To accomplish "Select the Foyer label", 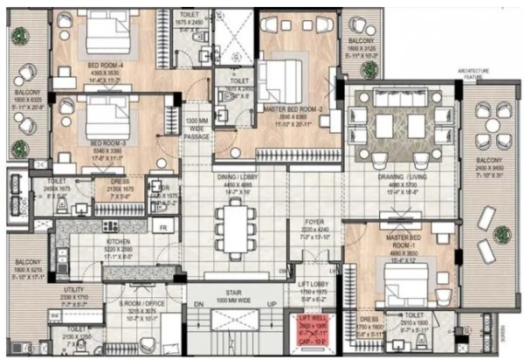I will [313, 224].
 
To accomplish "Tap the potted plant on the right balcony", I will [501, 234].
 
